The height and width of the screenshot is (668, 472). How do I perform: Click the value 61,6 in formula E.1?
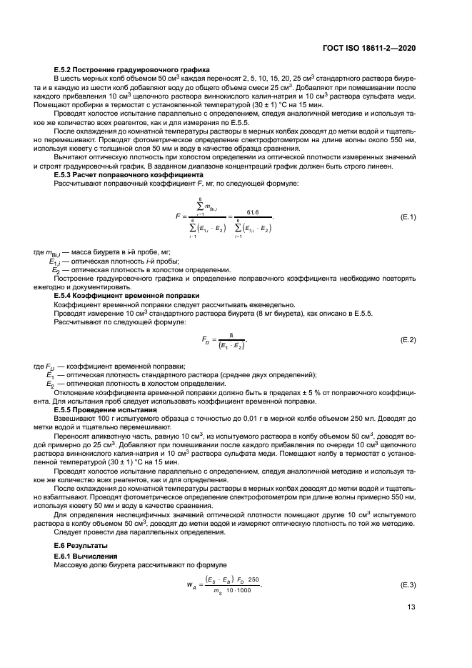(252, 211)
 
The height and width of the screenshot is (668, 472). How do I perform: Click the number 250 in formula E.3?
(253, 579)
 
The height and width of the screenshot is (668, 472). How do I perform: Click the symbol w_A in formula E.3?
(191, 586)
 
